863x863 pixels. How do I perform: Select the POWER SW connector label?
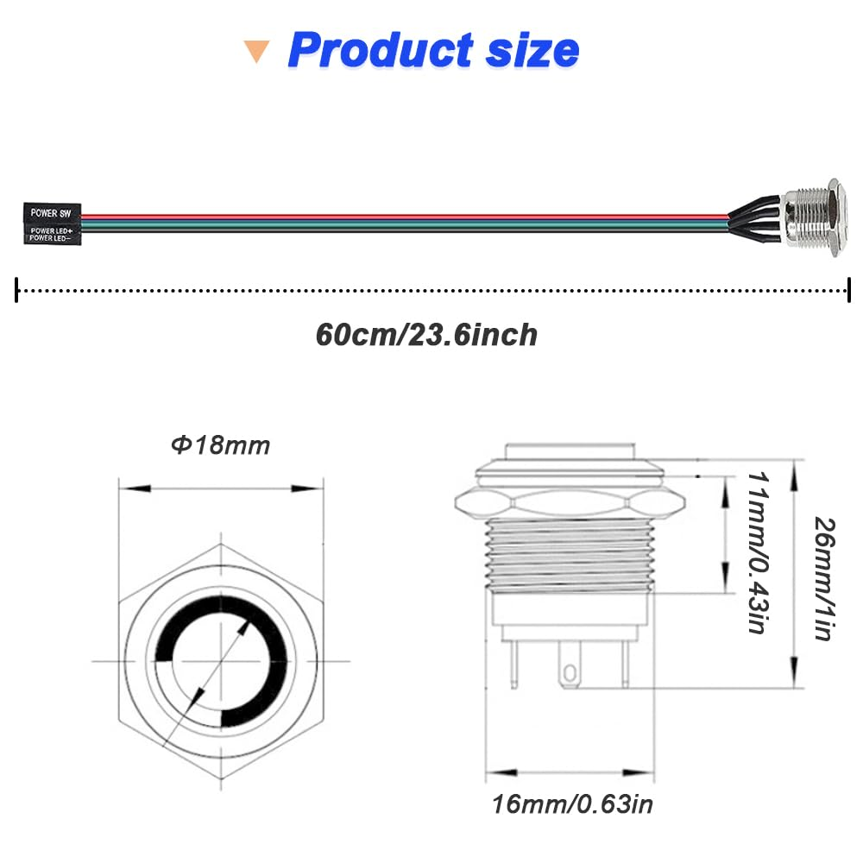(x=50, y=211)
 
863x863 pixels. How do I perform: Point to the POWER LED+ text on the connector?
(x=51, y=230)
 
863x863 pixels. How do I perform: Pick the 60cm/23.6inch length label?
(x=426, y=334)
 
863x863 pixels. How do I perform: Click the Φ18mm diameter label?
(x=220, y=445)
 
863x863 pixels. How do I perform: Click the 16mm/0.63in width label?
(x=572, y=804)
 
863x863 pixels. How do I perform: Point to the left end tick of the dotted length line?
(x=17, y=290)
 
